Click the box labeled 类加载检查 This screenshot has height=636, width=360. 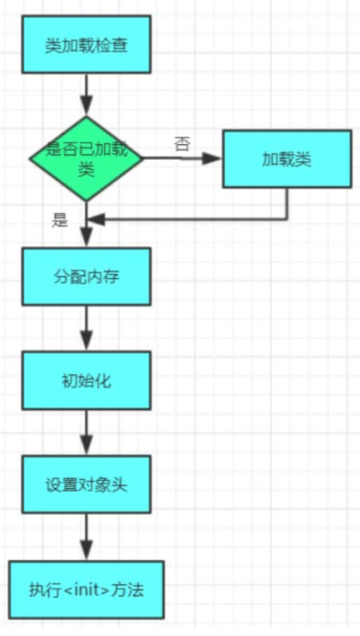85,44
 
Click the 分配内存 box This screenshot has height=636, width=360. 85,277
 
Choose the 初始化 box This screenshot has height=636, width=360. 85,381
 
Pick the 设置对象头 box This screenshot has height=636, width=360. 85,486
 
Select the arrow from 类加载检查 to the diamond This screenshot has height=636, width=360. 86,96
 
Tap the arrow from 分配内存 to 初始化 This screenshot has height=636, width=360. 86,329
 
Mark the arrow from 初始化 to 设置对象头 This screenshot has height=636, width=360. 86,433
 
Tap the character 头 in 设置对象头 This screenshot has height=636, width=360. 118,486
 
